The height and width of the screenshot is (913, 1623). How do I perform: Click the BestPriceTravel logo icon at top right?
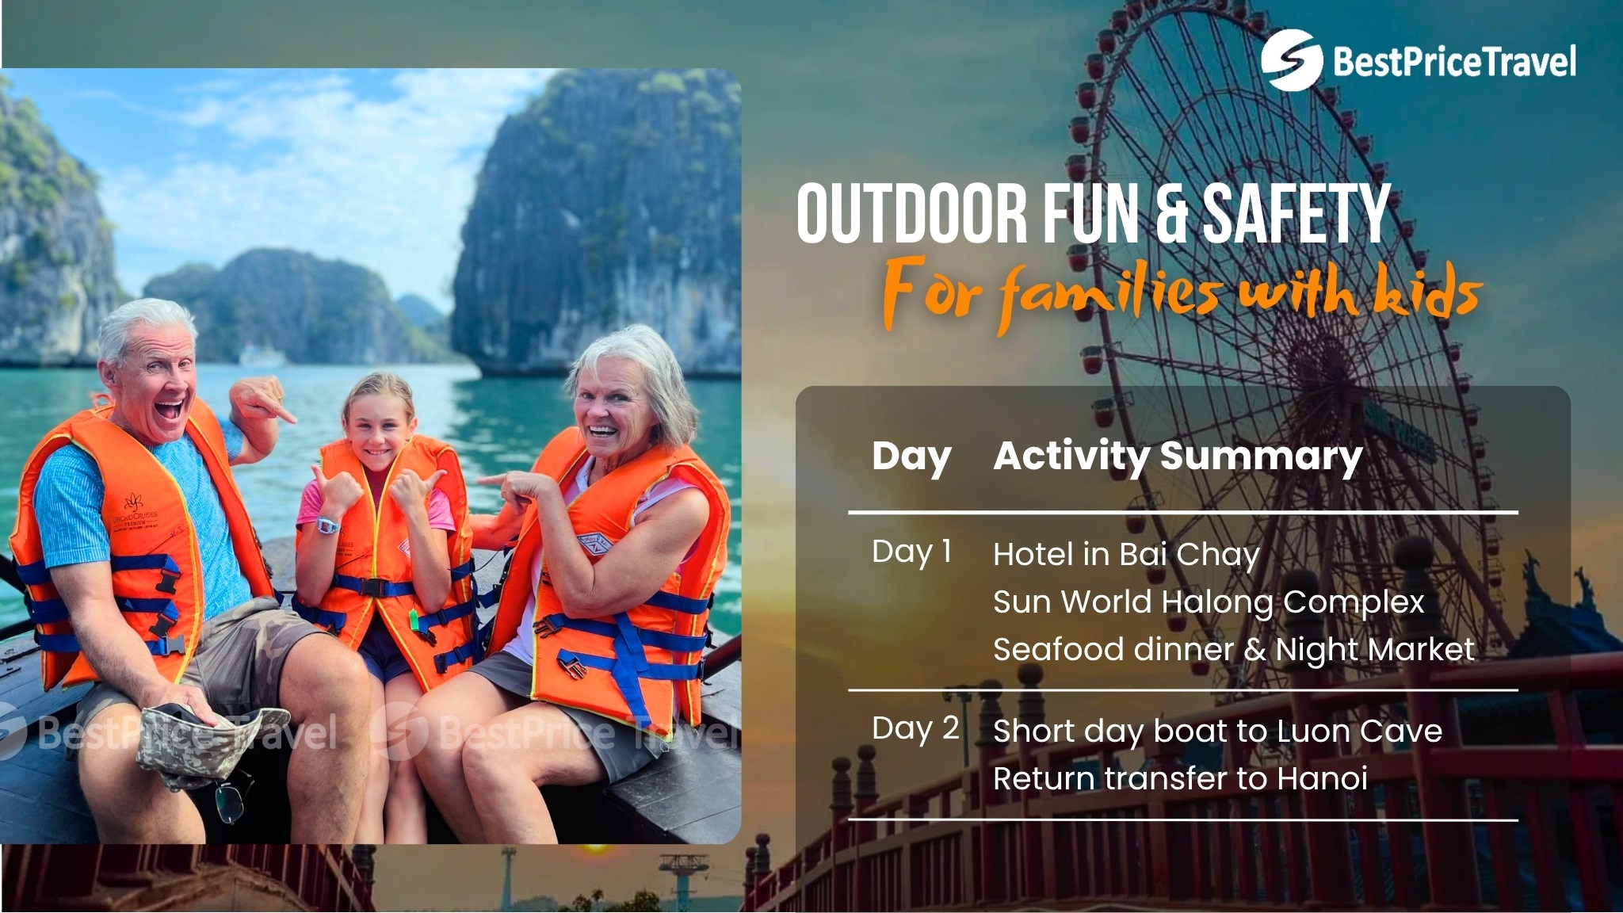point(1291,59)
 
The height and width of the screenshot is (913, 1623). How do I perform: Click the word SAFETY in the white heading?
point(1296,213)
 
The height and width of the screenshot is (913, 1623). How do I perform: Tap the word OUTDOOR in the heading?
point(911,213)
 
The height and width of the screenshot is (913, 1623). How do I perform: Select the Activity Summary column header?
point(1178,456)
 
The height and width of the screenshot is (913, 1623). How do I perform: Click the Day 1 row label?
point(911,552)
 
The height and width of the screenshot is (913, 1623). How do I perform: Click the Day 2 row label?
point(915,728)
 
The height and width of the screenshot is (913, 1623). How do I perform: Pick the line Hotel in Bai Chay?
point(1126,555)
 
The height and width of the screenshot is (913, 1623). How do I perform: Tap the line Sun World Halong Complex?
point(1209,602)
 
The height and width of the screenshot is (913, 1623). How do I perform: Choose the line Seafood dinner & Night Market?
point(1234,650)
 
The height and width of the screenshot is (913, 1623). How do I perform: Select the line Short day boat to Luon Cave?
point(1217,732)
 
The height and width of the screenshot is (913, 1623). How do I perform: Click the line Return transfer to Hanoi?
point(1180,779)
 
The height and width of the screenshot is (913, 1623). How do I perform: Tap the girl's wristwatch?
point(328,524)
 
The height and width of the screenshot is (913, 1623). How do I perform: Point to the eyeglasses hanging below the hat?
point(231,800)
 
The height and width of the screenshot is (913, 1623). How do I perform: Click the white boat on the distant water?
point(261,356)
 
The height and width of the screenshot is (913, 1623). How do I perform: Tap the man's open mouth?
point(169,411)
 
